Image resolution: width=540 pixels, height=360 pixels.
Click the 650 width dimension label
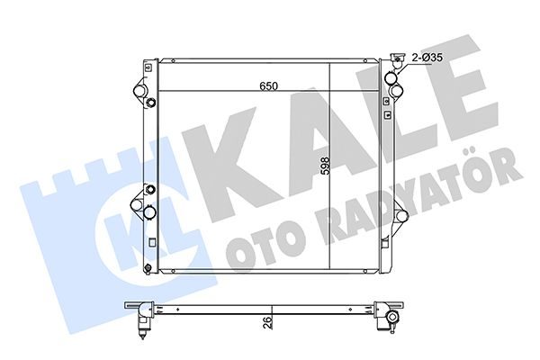pos(268,86)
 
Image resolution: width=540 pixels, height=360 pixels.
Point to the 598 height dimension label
pos(324,166)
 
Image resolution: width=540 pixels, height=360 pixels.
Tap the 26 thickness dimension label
pos(268,322)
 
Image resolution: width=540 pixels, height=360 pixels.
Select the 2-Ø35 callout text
pos(427,58)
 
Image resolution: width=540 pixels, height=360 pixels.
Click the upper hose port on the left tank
pos(139,91)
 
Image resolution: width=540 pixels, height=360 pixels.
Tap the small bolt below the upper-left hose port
pos(151,103)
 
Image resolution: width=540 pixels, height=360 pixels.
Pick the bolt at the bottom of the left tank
pos(148,268)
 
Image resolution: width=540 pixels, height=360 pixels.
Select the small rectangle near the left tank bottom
pos(152,242)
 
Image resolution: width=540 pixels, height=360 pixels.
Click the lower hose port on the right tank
pos(401,216)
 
